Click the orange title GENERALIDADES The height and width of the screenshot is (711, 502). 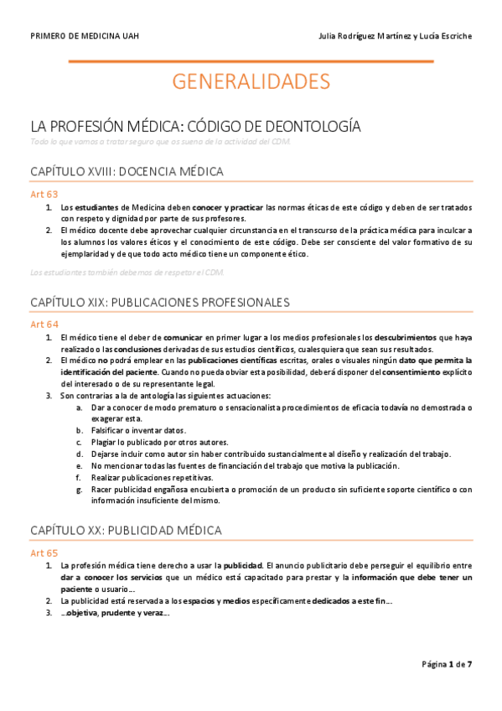(x=251, y=81)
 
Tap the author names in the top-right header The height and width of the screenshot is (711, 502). (x=396, y=36)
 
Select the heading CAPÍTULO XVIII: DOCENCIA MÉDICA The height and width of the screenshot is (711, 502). (x=127, y=172)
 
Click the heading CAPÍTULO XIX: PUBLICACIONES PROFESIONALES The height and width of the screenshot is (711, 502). (x=160, y=302)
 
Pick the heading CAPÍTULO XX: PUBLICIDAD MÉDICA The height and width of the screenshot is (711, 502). (x=126, y=531)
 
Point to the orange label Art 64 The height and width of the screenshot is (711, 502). (x=44, y=324)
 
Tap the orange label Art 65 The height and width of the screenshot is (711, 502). (x=44, y=553)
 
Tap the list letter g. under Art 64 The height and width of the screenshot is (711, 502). (x=79, y=489)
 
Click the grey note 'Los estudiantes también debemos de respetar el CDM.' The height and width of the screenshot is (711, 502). (x=126, y=272)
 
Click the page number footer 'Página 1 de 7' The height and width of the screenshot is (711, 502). (x=447, y=664)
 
